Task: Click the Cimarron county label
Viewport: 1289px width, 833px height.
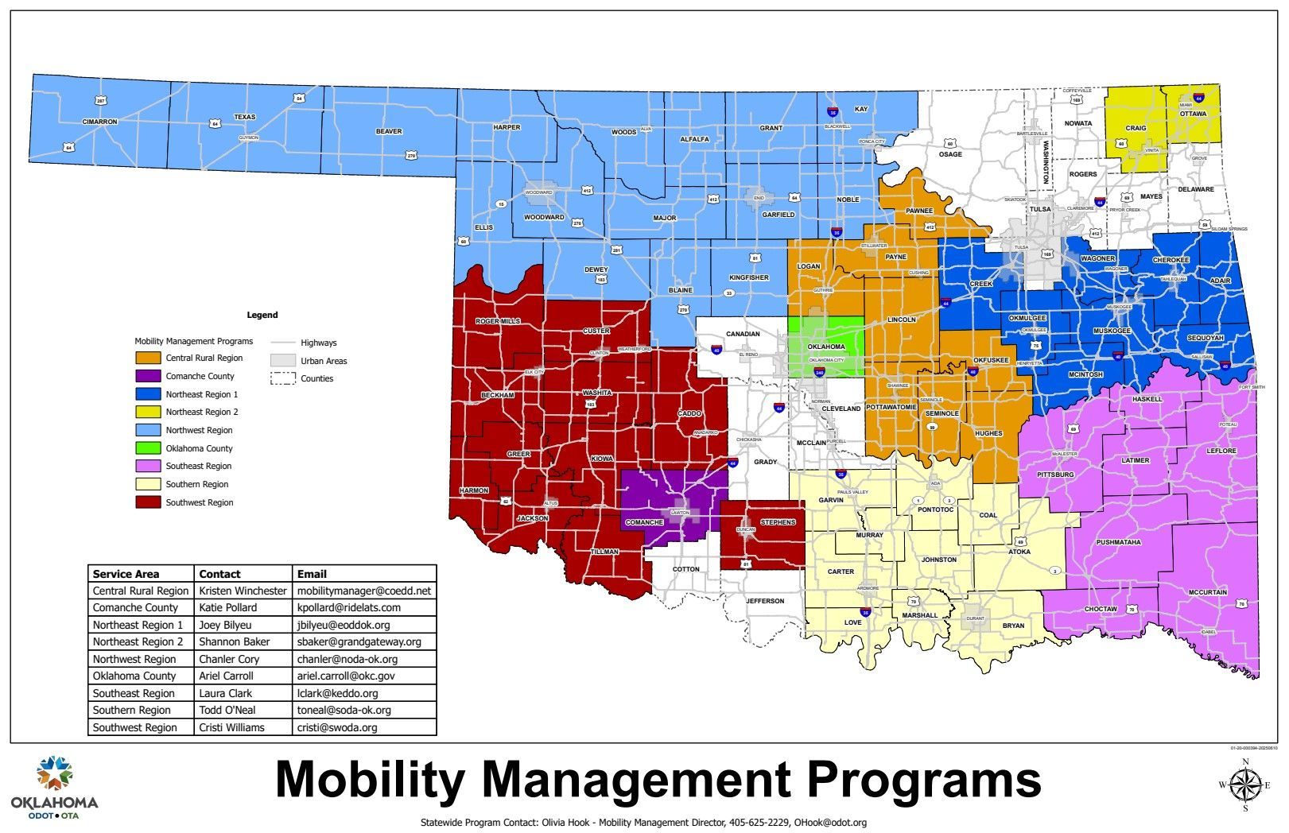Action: [x=99, y=122]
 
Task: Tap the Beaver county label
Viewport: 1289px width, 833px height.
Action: [x=389, y=131]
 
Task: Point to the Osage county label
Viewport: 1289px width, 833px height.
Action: [x=950, y=154]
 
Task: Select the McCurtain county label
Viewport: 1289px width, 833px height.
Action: [x=1208, y=592]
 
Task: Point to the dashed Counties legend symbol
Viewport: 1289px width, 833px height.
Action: [x=282, y=378]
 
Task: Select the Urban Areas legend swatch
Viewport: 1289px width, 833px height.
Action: [x=282, y=361]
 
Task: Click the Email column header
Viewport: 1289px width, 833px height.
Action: [x=312, y=574]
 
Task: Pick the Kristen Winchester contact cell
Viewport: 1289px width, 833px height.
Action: [x=243, y=591]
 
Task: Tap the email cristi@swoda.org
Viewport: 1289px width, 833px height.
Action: [x=337, y=727]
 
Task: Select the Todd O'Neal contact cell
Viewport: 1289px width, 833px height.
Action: [x=227, y=710]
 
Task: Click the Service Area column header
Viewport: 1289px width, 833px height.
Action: [x=126, y=574]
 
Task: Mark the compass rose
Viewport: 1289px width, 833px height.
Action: [x=1244, y=785]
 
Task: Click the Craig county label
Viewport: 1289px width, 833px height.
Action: [x=1136, y=128]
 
